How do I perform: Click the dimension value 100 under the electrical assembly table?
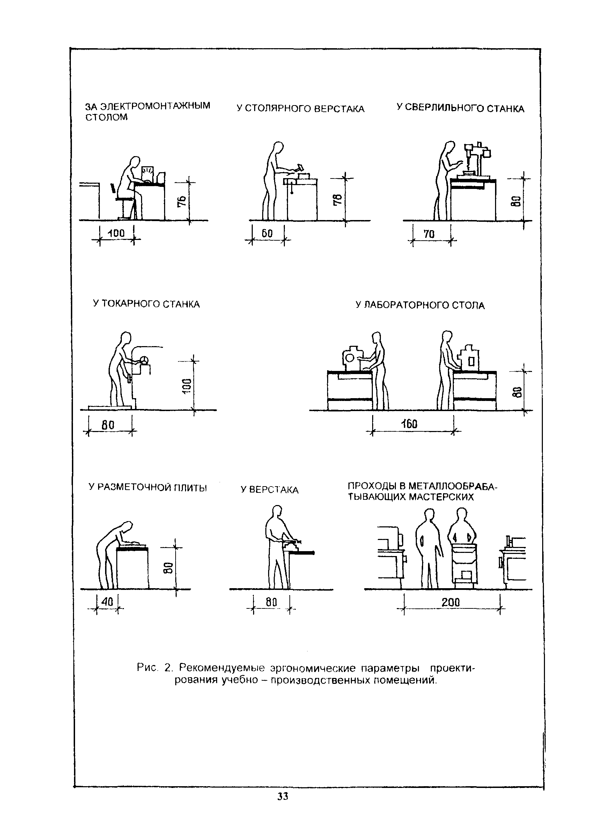[116, 233]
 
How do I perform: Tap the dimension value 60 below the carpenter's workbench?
[267, 233]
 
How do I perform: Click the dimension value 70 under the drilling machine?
[429, 234]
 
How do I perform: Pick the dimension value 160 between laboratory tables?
[410, 424]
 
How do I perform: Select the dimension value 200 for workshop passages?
[450, 603]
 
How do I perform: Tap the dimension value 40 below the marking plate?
[107, 602]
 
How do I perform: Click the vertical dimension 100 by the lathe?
[186, 385]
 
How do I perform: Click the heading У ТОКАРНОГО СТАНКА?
[146, 304]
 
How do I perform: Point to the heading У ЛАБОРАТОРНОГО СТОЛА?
[420, 305]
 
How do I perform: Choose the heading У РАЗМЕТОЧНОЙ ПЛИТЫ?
[147, 487]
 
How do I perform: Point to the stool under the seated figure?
[124, 207]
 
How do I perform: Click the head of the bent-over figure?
[127, 528]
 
